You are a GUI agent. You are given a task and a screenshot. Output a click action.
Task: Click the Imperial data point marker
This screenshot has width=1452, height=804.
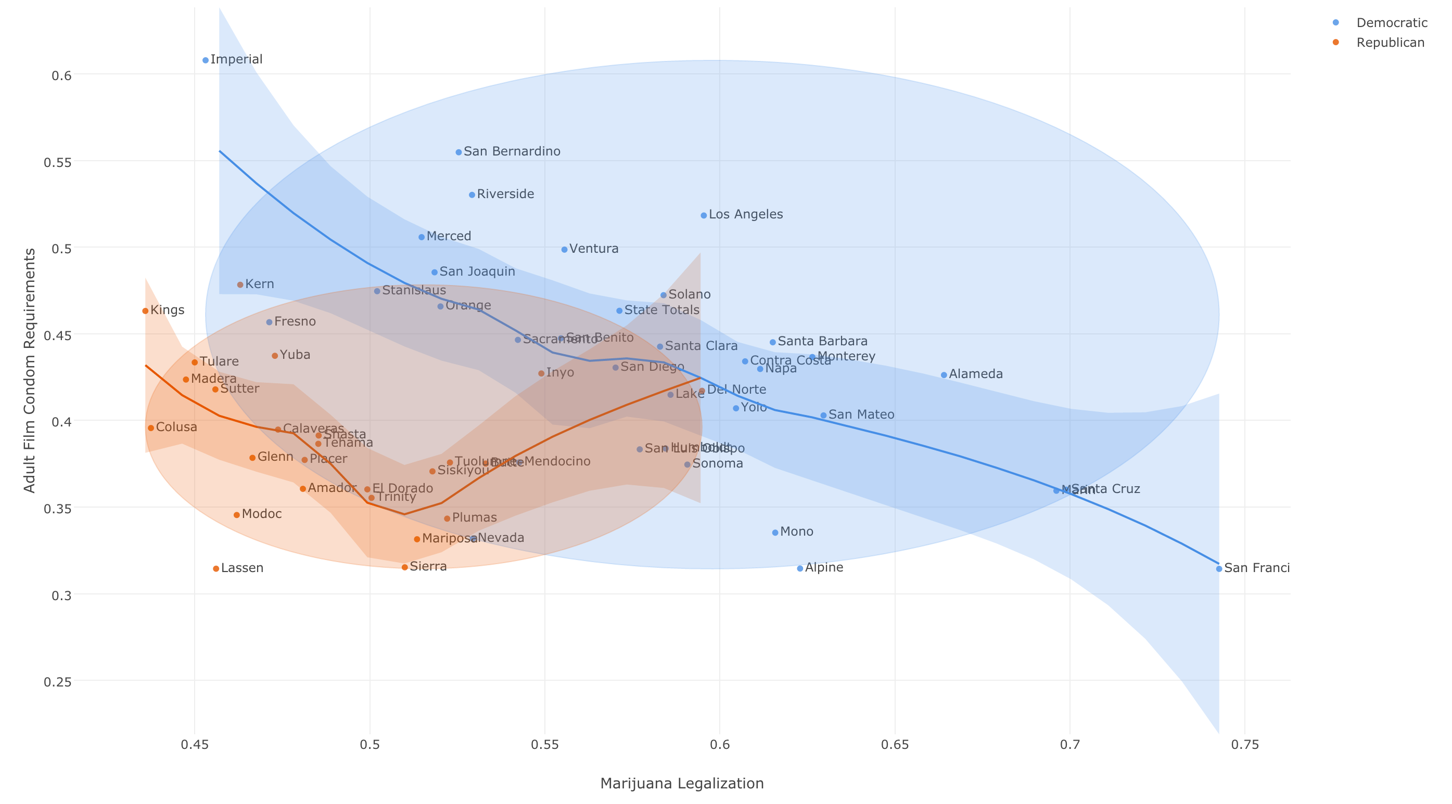click(x=205, y=60)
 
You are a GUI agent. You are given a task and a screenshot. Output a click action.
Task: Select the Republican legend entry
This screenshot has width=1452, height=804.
click(x=1390, y=43)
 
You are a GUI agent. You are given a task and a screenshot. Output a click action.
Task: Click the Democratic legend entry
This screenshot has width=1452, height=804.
click(x=1392, y=23)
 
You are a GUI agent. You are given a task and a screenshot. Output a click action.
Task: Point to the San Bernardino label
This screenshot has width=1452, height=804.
click(x=511, y=151)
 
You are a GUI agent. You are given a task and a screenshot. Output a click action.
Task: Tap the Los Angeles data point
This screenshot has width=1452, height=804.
click(x=704, y=216)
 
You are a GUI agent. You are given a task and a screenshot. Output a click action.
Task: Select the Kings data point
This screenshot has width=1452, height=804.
click(x=145, y=311)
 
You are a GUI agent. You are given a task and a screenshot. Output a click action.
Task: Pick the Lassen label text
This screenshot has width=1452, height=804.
click(x=242, y=568)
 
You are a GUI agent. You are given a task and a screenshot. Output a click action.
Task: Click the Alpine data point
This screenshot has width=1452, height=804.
click(x=800, y=568)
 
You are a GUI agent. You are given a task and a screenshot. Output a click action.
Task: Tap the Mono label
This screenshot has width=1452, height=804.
click(x=796, y=532)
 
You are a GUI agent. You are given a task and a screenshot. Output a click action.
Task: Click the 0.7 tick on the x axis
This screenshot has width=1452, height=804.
click(x=1069, y=745)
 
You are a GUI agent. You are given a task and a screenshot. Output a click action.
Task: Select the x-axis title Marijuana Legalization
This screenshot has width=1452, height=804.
click(x=681, y=784)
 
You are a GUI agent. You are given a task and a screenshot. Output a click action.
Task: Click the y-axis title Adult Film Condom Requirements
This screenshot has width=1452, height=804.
click(x=29, y=370)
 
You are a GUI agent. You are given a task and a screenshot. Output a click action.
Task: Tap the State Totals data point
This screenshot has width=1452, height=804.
click(x=619, y=311)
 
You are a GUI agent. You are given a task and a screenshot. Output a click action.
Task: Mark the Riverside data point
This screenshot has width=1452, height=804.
click(x=472, y=195)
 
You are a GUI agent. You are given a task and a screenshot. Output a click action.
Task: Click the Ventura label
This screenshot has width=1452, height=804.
click(x=593, y=249)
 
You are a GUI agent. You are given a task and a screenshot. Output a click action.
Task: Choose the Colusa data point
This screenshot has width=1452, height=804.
click(x=150, y=428)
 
